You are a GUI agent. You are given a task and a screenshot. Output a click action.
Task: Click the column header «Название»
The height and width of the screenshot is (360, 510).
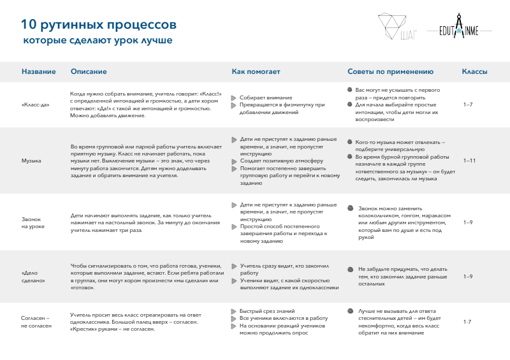[39, 72]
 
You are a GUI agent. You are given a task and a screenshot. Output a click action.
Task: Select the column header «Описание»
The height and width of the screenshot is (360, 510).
[89, 72]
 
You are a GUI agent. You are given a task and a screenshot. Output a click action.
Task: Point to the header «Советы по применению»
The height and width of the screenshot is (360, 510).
[390, 72]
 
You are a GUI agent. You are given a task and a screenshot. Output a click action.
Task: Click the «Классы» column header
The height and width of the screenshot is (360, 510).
[474, 72]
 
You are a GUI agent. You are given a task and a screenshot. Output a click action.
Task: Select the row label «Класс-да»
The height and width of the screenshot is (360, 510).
[36, 104]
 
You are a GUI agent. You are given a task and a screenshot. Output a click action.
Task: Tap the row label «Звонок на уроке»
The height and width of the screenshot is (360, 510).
[33, 222]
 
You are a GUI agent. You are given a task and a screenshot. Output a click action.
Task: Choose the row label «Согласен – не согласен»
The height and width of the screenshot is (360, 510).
[36, 321]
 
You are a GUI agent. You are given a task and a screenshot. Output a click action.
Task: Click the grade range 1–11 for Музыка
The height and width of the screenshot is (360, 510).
[469, 161]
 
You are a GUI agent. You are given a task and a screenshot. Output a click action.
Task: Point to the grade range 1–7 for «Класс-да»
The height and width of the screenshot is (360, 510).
[468, 104]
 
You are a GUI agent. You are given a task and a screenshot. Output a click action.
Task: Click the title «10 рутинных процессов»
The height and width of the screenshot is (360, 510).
[98, 25]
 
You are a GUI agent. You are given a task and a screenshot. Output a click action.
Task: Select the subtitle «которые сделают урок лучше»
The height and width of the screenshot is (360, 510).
[98, 40]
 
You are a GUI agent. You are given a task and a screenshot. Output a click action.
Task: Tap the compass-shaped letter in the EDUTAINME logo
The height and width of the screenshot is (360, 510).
[459, 30]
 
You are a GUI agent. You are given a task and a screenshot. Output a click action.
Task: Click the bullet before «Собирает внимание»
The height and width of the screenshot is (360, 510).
[234, 97]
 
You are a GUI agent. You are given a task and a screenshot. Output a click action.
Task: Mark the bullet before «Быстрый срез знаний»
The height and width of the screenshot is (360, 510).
[234, 310]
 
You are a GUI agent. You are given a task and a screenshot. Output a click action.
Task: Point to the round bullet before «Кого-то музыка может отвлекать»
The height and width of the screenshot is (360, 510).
[349, 141]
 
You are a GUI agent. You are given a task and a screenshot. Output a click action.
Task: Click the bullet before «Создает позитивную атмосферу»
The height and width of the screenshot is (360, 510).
[234, 161]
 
